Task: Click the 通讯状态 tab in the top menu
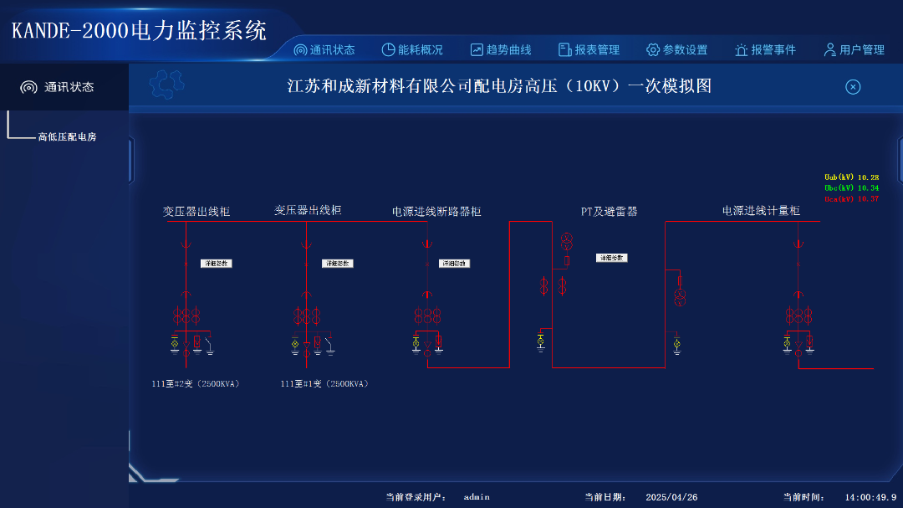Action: coord(324,50)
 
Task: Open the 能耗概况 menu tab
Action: coord(412,50)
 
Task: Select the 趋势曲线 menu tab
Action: coord(501,50)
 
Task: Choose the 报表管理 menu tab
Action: coord(589,50)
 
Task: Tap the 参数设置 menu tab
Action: coord(677,50)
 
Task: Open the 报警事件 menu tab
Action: coord(766,50)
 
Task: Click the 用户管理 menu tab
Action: coord(854,50)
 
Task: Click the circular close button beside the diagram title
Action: coord(853,87)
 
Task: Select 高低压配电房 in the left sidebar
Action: coord(67,136)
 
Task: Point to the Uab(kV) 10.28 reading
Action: coord(851,177)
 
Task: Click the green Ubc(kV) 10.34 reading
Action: coord(851,188)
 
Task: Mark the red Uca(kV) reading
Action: coord(851,199)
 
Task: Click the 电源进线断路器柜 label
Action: coord(436,212)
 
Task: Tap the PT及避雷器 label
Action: coord(610,212)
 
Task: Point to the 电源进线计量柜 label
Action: coord(761,211)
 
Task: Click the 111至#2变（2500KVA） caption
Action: coord(196,384)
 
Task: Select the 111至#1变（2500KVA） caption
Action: coord(324,384)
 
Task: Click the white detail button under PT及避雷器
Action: coord(611,258)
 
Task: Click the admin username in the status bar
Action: coord(477,497)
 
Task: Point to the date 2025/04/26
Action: coord(671,497)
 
